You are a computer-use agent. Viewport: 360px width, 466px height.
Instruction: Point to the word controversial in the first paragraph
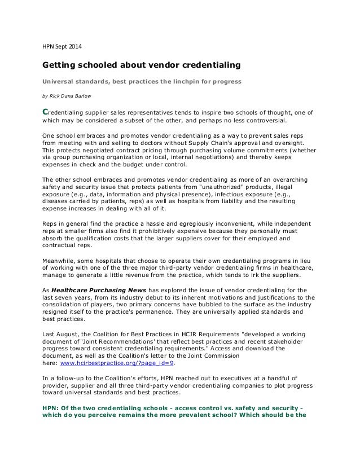(253, 120)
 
